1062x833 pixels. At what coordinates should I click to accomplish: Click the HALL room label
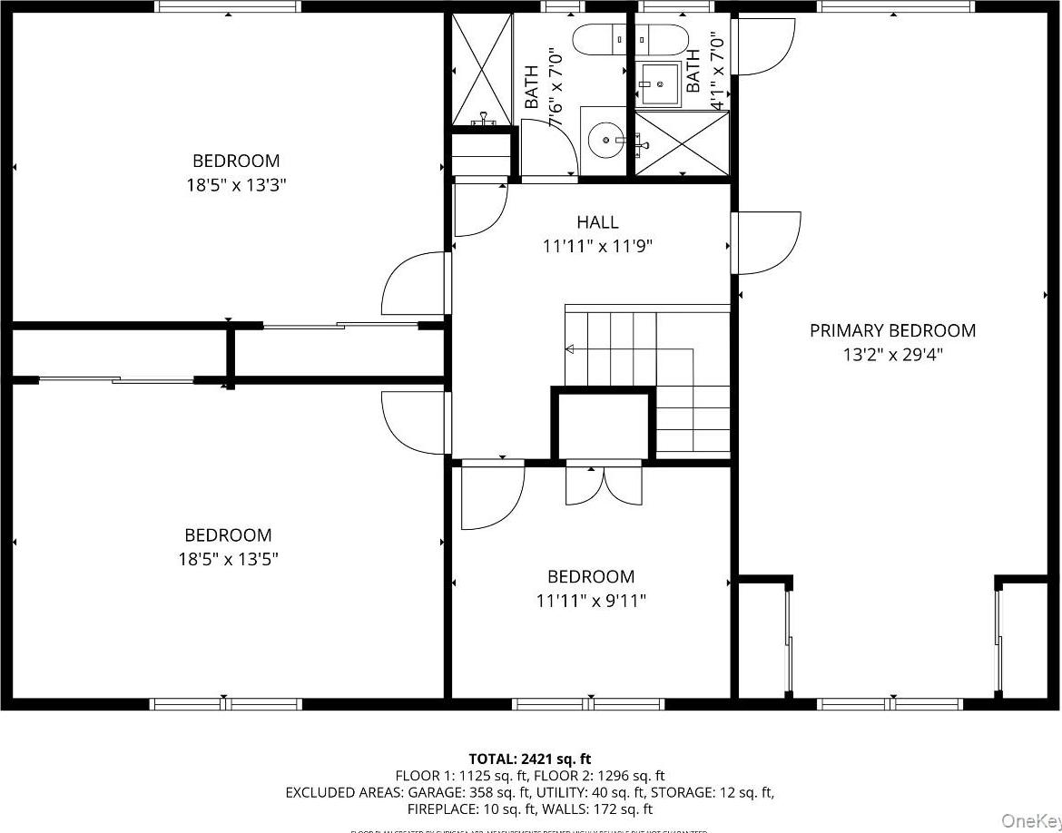(597, 222)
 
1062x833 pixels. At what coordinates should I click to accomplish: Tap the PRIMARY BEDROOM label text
(892, 331)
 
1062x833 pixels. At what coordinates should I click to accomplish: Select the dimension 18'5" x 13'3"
(235, 185)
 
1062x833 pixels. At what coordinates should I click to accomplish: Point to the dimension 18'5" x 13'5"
(228, 559)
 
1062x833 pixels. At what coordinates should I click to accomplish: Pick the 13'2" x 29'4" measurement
(892, 355)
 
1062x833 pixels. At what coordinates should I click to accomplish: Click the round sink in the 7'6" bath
(605, 141)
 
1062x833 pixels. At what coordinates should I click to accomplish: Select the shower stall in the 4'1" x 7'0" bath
(682, 142)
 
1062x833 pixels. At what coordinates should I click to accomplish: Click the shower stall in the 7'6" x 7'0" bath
(481, 69)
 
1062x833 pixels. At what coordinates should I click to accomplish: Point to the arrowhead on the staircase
(570, 349)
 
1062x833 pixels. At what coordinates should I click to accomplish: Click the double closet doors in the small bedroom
(604, 483)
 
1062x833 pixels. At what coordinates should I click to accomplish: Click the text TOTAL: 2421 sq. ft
(530, 759)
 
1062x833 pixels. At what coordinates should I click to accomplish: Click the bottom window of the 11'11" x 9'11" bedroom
(588, 703)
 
